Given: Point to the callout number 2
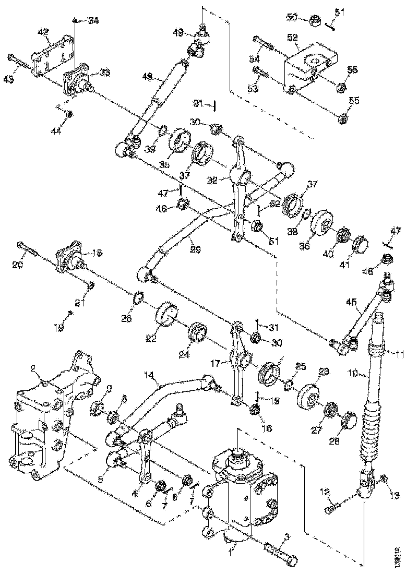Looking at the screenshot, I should point(32,369).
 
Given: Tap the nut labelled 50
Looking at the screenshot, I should point(314,20).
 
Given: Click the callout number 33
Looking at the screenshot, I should point(105,73).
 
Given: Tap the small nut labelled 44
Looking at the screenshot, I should point(69,114).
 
